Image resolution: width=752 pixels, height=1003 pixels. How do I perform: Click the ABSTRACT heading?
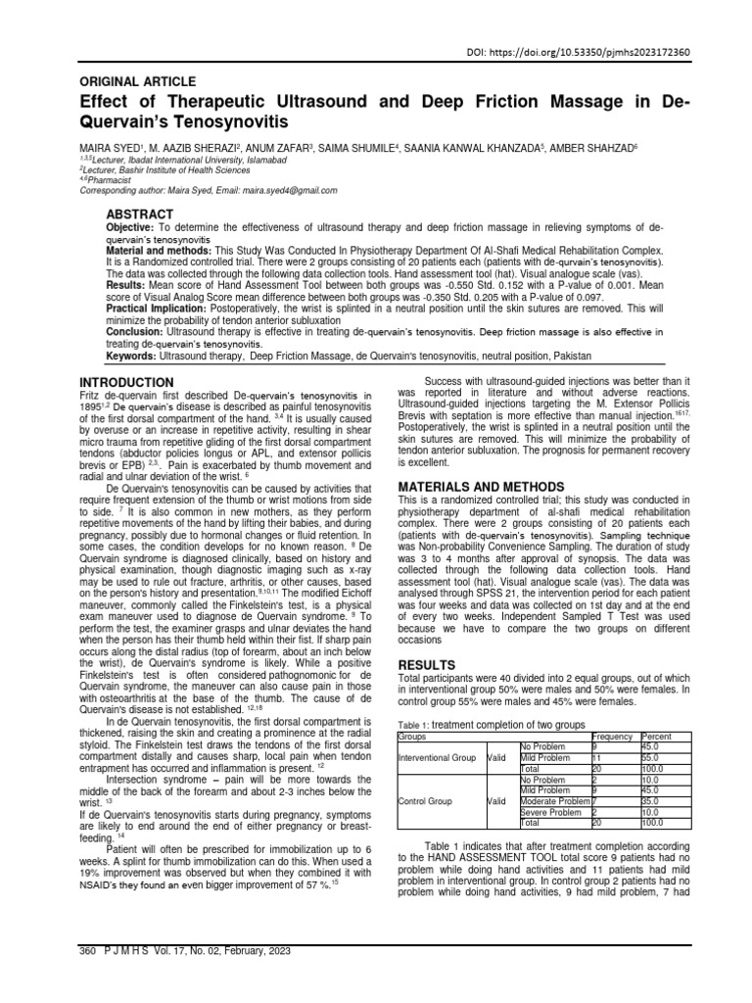coord(139,215)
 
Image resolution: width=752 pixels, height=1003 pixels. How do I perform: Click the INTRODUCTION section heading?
coord(126,381)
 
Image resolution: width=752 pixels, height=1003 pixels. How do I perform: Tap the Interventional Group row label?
coord(437,758)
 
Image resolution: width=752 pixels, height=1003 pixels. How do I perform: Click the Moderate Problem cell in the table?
coord(554,801)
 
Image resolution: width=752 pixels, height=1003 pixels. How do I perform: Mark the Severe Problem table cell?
coord(551,812)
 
